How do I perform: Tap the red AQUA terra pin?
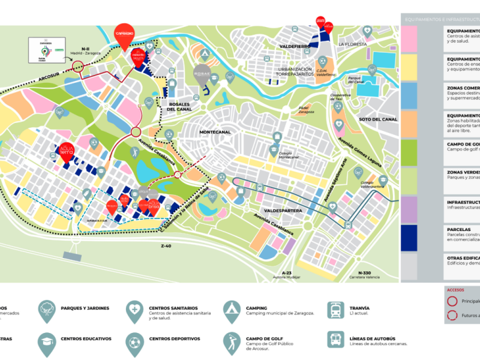(66, 151)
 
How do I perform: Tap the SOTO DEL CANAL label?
(377, 119)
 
